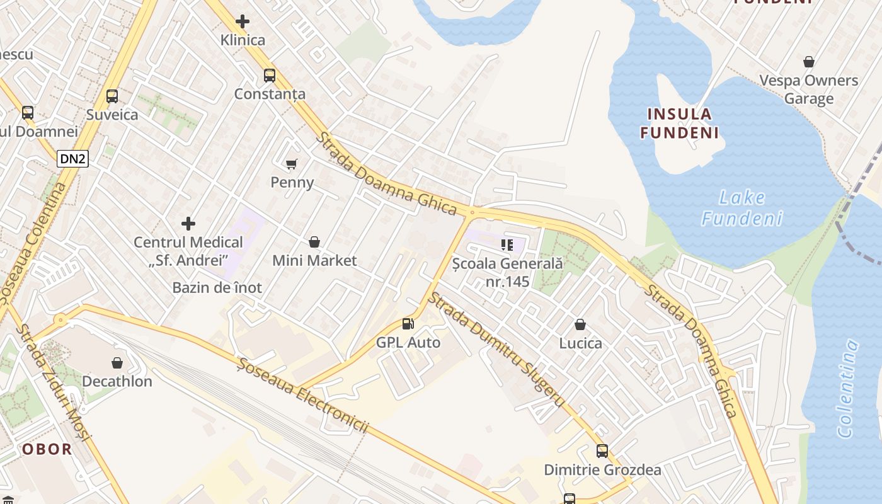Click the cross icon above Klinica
tap(243, 21)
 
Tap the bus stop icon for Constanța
tap(270, 76)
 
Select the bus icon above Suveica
tap(112, 96)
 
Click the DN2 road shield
tap(72, 159)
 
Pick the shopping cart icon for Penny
tap(292, 164)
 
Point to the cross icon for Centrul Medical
tap(188, 224)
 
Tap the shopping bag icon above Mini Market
tap(314, 242)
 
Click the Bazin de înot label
tap(217, 288)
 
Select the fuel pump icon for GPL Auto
tap(408, 324)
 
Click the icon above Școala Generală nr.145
tap(507, 244)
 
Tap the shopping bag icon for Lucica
tap(580, 324)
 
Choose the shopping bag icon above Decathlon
tap(117, 363)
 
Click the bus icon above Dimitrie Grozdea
tap(602, 451)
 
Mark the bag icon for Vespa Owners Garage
tap(808, 62)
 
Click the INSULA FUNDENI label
tap(679, 123)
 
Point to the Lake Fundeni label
tap(742, 208)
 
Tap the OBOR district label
tap(47, 450)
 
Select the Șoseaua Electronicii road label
tap(302, 395)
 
